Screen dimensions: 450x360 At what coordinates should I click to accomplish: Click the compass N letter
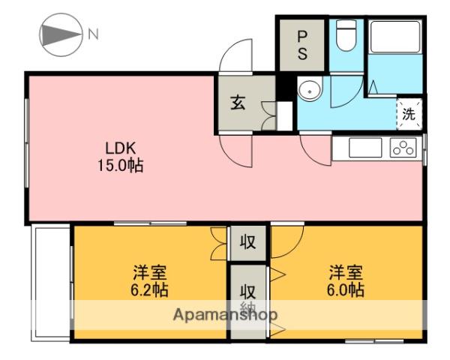pos(93,34)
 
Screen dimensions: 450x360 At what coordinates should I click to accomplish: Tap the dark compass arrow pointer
pos(60,35)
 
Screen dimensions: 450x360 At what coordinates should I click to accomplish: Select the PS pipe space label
pos(302,45)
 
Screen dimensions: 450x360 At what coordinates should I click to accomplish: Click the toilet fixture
pos(346,35)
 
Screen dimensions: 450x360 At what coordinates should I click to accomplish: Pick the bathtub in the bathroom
pos(395,37)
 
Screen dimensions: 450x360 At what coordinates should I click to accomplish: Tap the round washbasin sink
pos(310,90)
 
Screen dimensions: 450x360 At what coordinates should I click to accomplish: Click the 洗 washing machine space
pos(409,114)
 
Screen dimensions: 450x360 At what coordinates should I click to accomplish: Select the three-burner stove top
pos(403,148)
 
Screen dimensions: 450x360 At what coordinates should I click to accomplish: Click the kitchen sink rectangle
pos(365,148)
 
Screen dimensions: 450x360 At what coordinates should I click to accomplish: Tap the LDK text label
pos(121,148)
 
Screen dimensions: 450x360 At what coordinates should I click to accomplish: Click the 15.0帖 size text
pos(121,165)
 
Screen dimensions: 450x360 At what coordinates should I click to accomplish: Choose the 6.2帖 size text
pos(150,290)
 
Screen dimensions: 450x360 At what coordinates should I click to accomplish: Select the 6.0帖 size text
pos(346,290)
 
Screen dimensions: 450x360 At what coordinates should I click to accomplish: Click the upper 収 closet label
pos(248,242)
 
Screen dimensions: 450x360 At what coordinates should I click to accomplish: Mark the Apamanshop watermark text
pos(225,315)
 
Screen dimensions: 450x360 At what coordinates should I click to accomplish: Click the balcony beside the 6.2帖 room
pos(50,283)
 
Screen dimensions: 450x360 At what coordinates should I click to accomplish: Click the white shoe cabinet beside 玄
pos(284,116)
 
